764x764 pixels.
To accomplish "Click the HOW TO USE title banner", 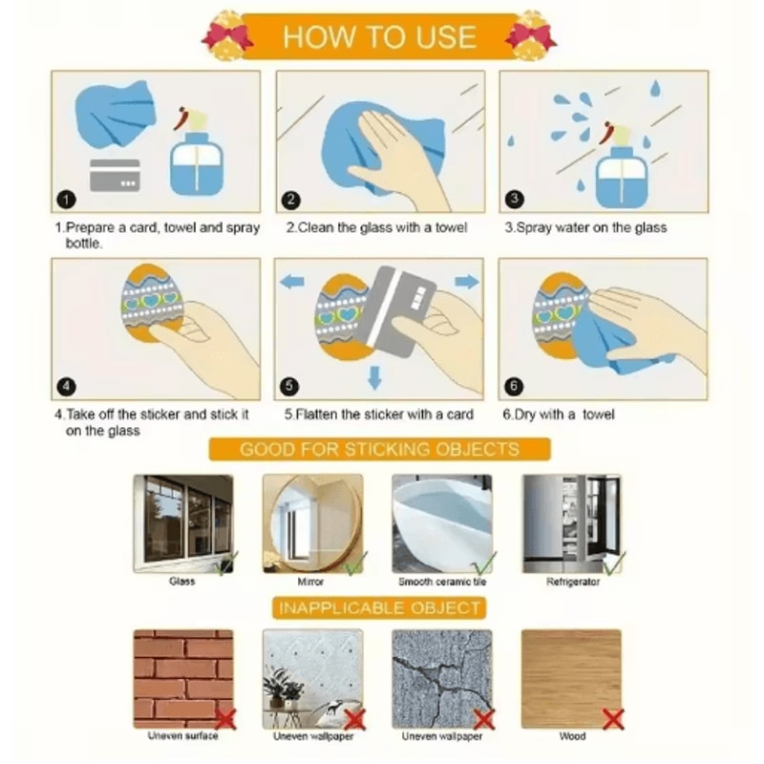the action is [x=379, y=36].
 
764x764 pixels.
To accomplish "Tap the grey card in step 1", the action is [x=115, y=175].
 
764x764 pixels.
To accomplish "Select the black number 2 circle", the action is [x=291, y=201].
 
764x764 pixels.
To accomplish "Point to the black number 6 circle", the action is [x=514, y=387].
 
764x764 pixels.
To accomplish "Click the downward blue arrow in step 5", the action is [x=374, y=377].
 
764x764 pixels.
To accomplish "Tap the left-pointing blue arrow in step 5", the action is [x=293, y=281].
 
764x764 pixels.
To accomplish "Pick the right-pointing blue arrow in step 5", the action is [x=467, y=281].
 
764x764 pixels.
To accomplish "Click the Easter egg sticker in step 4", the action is [x=151, y=302].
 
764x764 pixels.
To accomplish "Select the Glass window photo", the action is [x=183, y=523].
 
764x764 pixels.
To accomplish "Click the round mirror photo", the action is [x=313, y=523].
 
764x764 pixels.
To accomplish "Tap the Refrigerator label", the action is [x=572, y=582].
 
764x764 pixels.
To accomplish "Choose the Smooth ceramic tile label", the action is [x=442, y=582].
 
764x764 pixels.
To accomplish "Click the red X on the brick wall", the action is [x=225, y=719].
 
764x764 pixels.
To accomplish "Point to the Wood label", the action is [x=572, y=735].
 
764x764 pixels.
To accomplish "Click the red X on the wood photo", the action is [x=613, y=719].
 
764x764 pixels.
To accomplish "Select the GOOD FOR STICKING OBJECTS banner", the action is [x=379, y=449].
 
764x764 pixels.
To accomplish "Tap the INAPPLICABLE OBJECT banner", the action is [x=379, y=608].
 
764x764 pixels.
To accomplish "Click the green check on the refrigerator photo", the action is [x=614, y=562].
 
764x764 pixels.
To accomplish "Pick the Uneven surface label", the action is [x=182, y=735].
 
